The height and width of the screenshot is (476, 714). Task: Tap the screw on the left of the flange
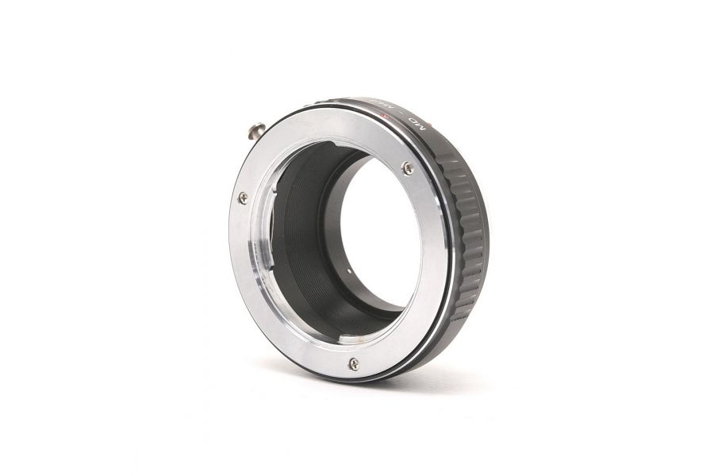[243, 198]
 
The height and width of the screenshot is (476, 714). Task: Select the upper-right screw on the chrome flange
[408, 167]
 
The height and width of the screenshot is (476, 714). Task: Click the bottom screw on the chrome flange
[353, 364]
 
